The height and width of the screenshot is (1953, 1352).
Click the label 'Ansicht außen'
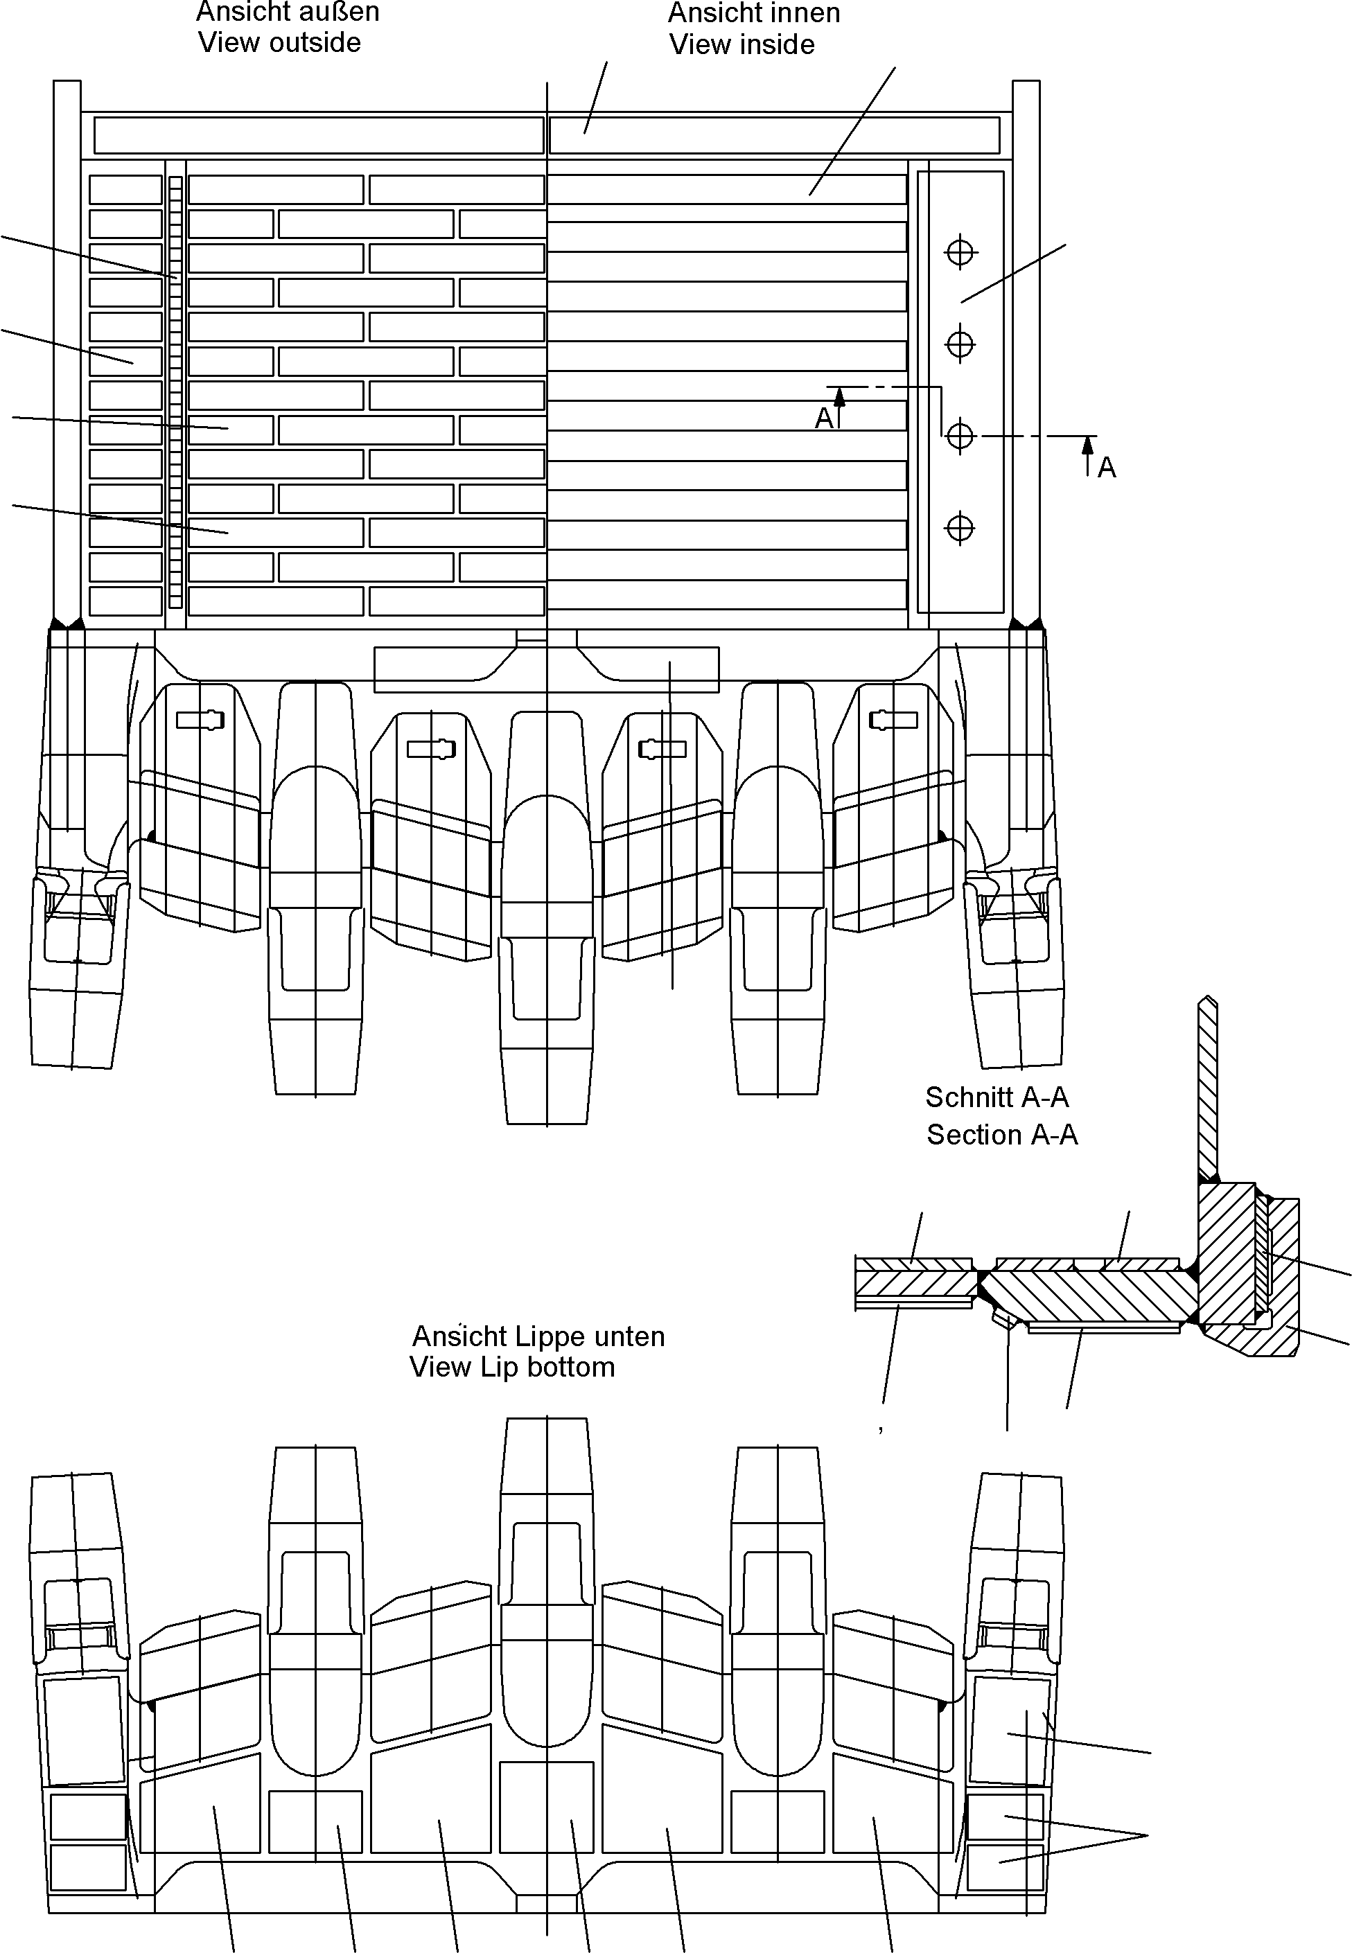click(x=288, y=12)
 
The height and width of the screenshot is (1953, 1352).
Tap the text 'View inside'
click(x=742, y=45)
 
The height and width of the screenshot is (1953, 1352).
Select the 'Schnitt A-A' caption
click(x=997, y=1097)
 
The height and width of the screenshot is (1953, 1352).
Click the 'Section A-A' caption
click(x=1002, y=1135)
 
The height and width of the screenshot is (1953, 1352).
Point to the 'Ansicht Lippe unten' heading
click(x=538, y=1336)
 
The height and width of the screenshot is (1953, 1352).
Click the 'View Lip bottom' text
click(x=513, y=1367)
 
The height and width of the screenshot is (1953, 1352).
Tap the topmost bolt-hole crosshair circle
click(x=960, y=252)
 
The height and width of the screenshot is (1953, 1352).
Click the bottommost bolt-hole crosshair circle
click(x=960, y=528)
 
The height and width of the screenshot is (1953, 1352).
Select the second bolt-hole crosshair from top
click(x=960, y=344)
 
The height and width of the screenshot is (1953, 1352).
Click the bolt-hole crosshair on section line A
click(x=960, y=436)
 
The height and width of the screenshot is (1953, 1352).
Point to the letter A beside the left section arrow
click(x=824, y=418)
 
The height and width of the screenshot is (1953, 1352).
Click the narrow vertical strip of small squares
click(x=175, y=391)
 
